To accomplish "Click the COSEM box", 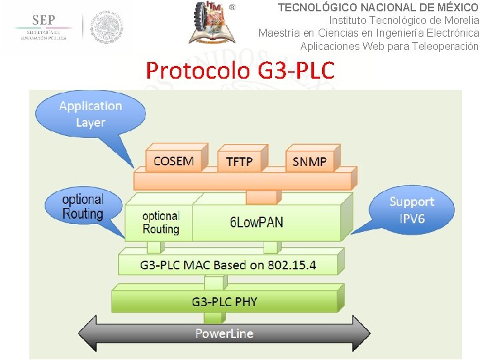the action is [x=173, y=160].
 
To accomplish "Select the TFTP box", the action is [x=239, y=161].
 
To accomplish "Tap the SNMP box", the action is [x=309, y=161].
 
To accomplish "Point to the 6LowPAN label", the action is [x=257, y=222].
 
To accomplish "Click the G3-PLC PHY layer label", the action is [x=224, y=301].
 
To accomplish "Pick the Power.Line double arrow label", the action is [x=224, y=333].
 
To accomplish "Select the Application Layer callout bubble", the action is [x=90, y=114].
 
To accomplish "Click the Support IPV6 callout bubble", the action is [x=411, y=210].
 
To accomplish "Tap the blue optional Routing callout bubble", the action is [x=83, y=207].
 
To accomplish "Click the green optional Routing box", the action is [x=161, y=222].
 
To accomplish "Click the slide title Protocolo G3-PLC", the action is [x=240, y=70].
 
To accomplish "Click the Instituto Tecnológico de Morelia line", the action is [x=403, y=20].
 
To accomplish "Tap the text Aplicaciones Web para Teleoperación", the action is [x=389, y=46].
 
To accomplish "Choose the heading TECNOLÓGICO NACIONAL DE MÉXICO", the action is [x=378, y=7].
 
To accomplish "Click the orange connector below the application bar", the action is [x=261, y=197].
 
